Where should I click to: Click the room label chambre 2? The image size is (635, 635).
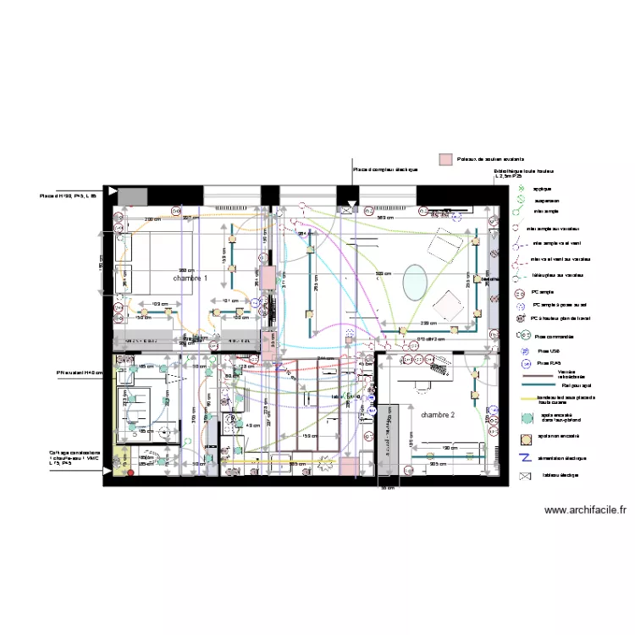coord(438,415)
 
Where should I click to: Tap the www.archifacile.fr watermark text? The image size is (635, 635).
coord(586,510)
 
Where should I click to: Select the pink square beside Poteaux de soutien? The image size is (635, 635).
coord(444,158)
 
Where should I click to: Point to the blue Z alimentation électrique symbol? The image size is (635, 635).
coord(523,458)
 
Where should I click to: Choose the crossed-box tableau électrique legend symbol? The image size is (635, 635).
coord(523,475)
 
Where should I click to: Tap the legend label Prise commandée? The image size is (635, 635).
coord(555,335)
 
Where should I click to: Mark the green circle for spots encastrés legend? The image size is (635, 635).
coord(522,418)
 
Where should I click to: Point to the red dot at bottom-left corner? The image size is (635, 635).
coord(130,472)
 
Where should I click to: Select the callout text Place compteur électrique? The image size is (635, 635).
coord(384,169)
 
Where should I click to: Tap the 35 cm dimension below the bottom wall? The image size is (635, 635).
coord(388,488)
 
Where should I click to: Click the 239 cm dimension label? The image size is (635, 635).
coord(428,323)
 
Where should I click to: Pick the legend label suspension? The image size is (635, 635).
coord(545,200)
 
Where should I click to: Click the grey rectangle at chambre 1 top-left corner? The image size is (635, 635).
coord(132,196)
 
